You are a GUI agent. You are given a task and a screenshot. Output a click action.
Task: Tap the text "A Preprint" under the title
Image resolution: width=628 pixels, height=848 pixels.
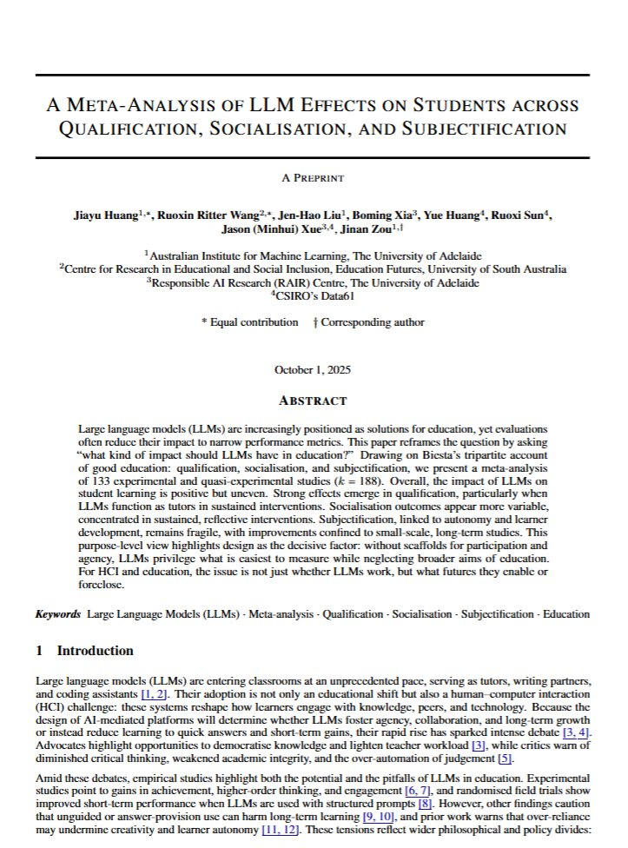point(313,178)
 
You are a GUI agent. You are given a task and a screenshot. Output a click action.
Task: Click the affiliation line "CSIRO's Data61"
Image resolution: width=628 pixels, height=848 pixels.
point(314,295)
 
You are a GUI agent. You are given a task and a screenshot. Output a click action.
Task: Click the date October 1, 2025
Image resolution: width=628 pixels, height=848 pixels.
point(313,369)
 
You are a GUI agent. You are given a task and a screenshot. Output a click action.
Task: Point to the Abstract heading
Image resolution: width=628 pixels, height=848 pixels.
point(313,401)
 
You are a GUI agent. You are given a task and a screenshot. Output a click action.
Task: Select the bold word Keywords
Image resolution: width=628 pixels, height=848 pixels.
point(58,614)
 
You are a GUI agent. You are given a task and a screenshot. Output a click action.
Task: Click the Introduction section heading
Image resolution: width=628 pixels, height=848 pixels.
point(95,651)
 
